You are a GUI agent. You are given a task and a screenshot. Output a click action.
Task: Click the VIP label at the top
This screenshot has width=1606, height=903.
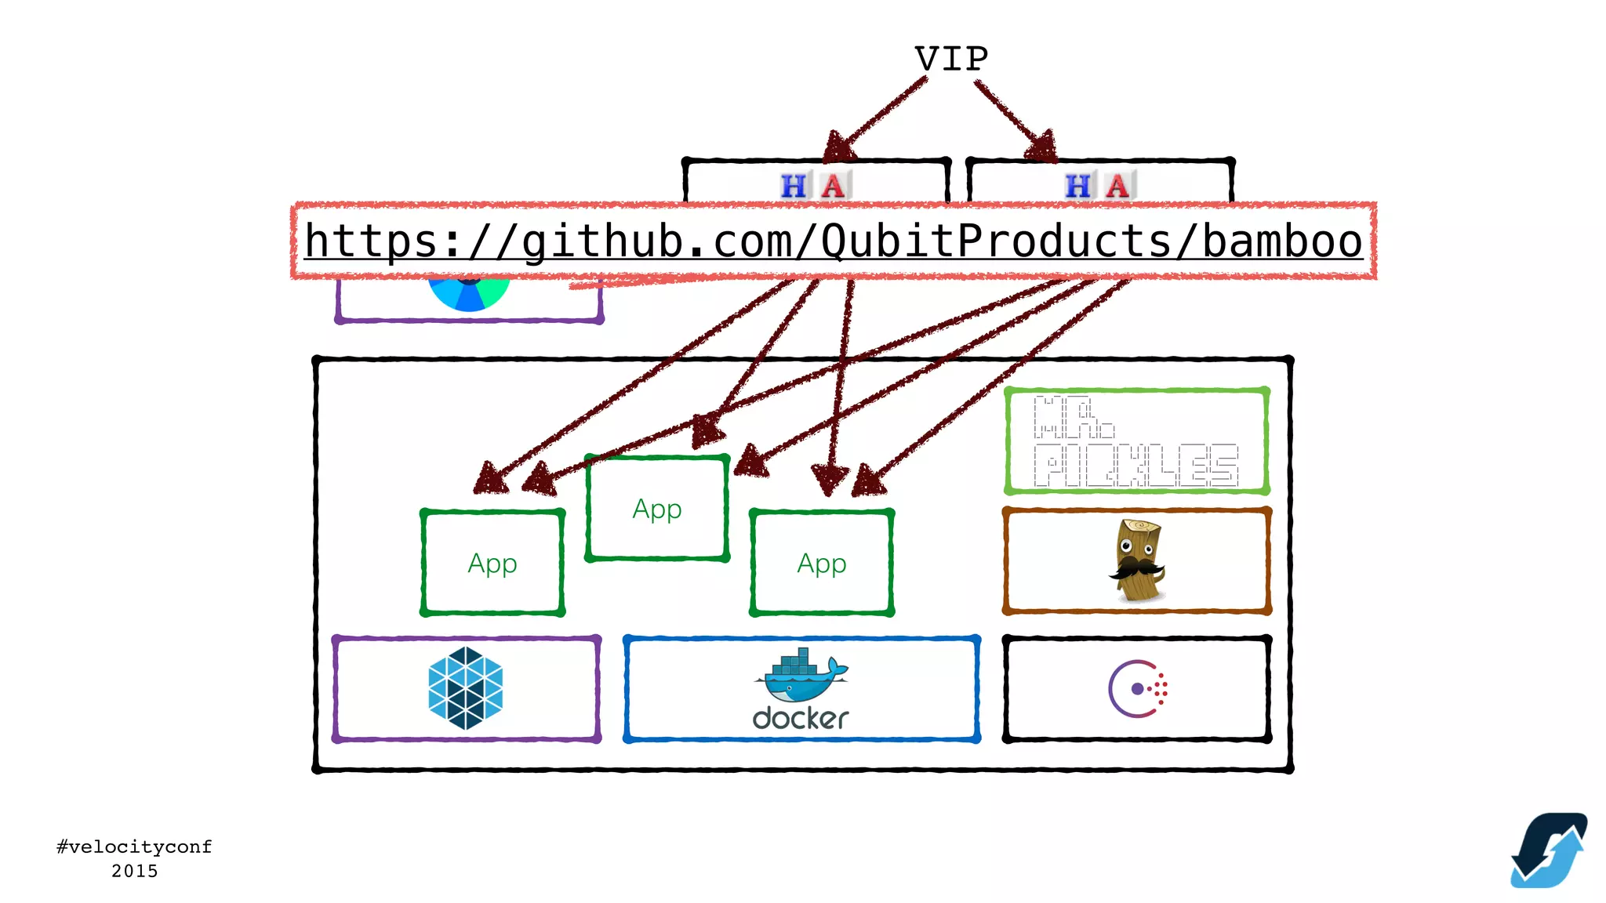[951, 60]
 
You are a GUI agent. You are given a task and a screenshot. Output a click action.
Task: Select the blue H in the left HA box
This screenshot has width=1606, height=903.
[793, 187]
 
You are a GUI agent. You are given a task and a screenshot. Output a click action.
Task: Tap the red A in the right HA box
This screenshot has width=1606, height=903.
[1117, 187]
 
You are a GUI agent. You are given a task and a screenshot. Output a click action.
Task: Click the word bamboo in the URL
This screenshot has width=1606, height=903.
[1282, 241]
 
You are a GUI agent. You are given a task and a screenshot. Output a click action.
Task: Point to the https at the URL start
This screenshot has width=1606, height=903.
[371, 241]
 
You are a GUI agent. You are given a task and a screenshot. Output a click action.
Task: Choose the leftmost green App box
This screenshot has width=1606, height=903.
[492, 563]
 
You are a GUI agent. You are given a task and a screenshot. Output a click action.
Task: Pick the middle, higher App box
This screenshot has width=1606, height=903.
[657, 509]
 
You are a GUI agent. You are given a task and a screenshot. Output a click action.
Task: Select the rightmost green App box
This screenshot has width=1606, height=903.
[822, 563]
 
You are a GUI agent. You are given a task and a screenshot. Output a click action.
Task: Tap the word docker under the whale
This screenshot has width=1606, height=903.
[801, 718]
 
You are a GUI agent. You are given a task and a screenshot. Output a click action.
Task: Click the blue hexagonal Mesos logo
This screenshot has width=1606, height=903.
[466, 688]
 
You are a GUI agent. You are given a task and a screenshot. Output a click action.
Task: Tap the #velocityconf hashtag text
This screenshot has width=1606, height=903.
[134, 847]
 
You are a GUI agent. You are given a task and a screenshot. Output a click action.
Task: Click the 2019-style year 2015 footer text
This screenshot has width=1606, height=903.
[134, 871]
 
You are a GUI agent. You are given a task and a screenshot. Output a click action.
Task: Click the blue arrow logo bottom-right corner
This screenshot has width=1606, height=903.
[1549, 851]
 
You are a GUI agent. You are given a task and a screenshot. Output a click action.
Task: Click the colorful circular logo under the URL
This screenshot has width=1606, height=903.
[469, 294]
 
